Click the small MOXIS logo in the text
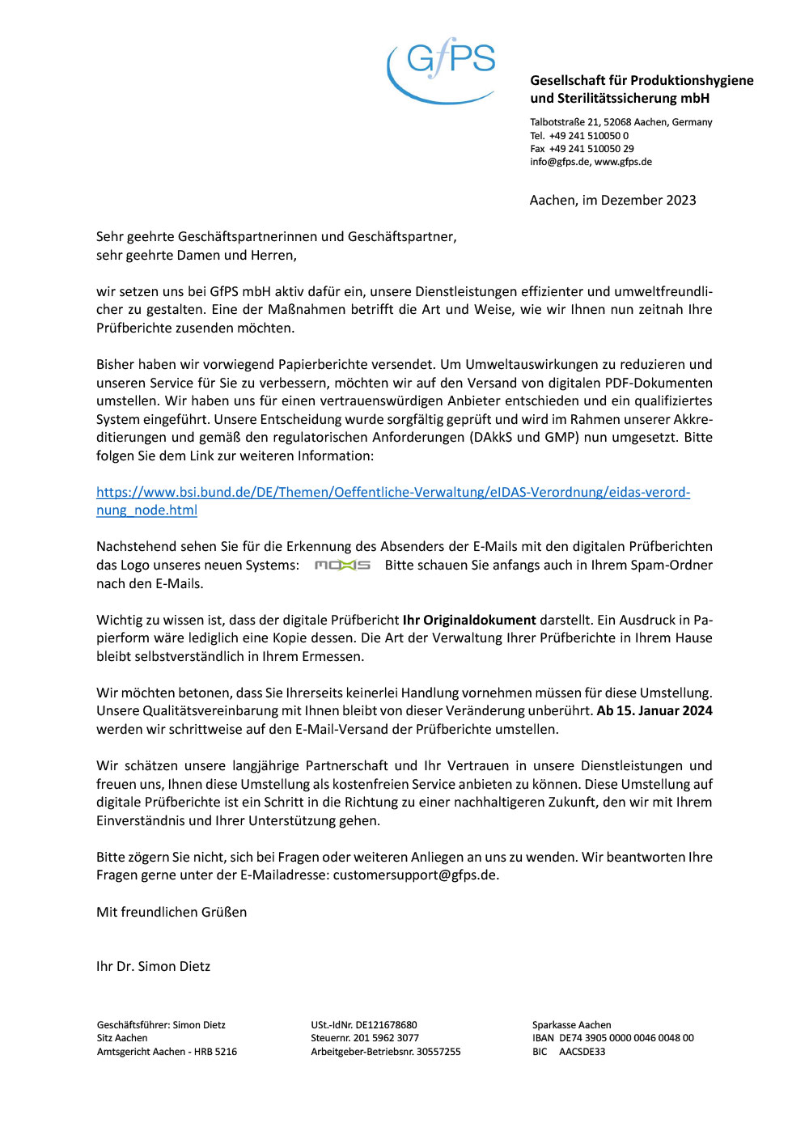click(x=342, y=566)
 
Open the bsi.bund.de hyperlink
click(x=392, y=493)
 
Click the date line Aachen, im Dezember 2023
click(x=612, y=201)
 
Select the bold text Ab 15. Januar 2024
click(x=654, y=711)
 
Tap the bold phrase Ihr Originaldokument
click(x=469, y=621)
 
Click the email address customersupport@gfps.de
click(x=415, y=875)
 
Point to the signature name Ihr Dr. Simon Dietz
click(x=153, y=967)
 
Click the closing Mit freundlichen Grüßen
click(x=172, y=913)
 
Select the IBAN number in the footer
click(x=626, y=1038)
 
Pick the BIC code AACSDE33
click(x=582, y=1052)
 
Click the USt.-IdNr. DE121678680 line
click(x=364, y=1025)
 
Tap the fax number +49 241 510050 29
click(x=591, y=149)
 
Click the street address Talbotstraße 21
click(x=565, y=122)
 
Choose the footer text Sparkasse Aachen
click(x=571, y=1025)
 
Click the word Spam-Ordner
click(x=675, y=566)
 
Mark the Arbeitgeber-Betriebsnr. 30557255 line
click(x=385, y=1052)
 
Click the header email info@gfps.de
click(x=560, y=162)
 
